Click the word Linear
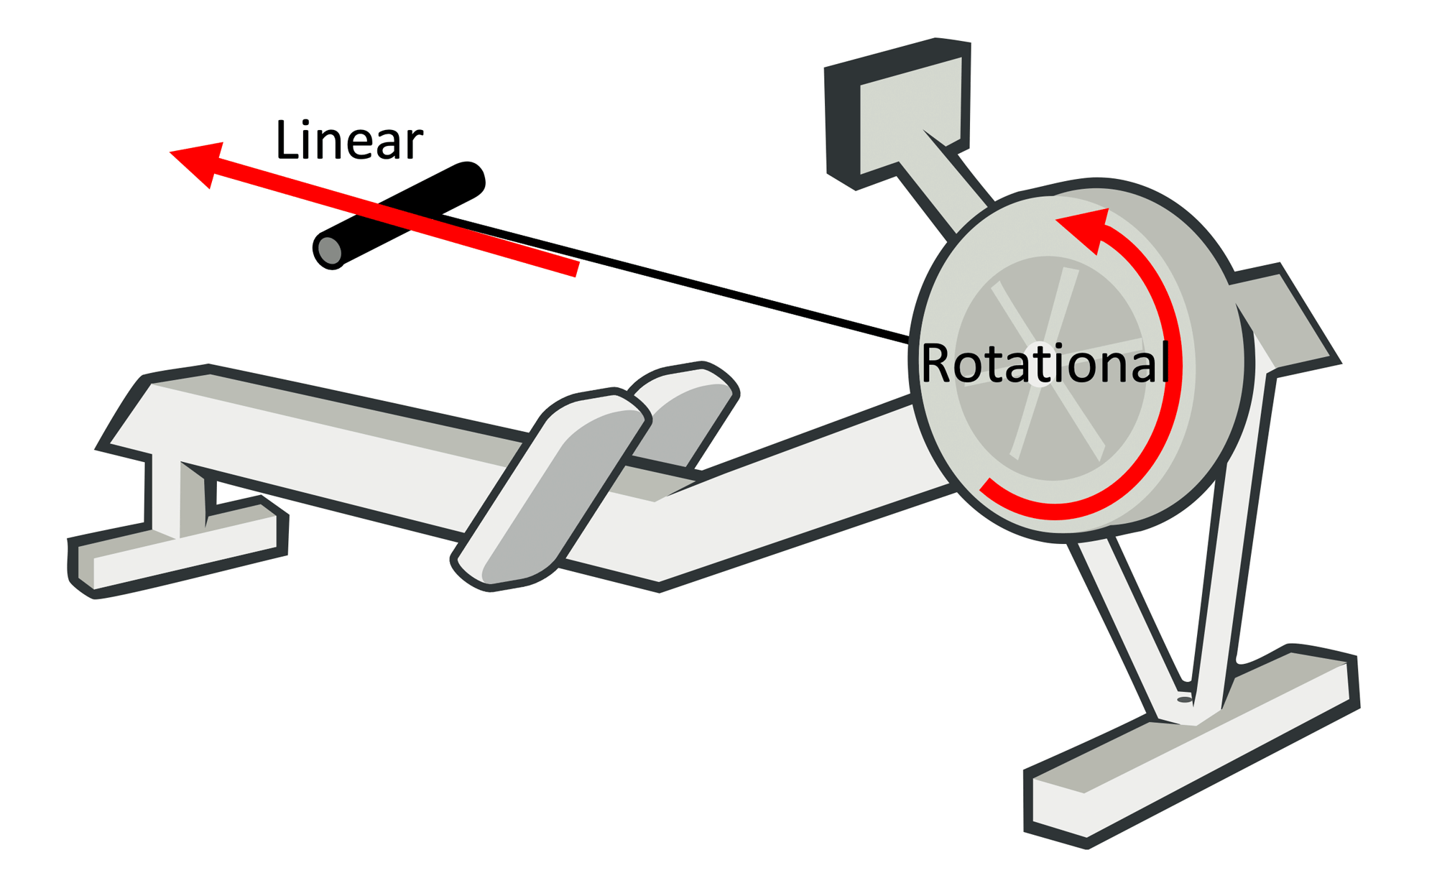coord(349,140)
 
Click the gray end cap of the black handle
coord(329,251)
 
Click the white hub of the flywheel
coord(1041,364)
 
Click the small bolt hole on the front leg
coord(1185,699)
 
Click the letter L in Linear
coord(286,140)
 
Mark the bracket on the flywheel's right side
coord(1286,316)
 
